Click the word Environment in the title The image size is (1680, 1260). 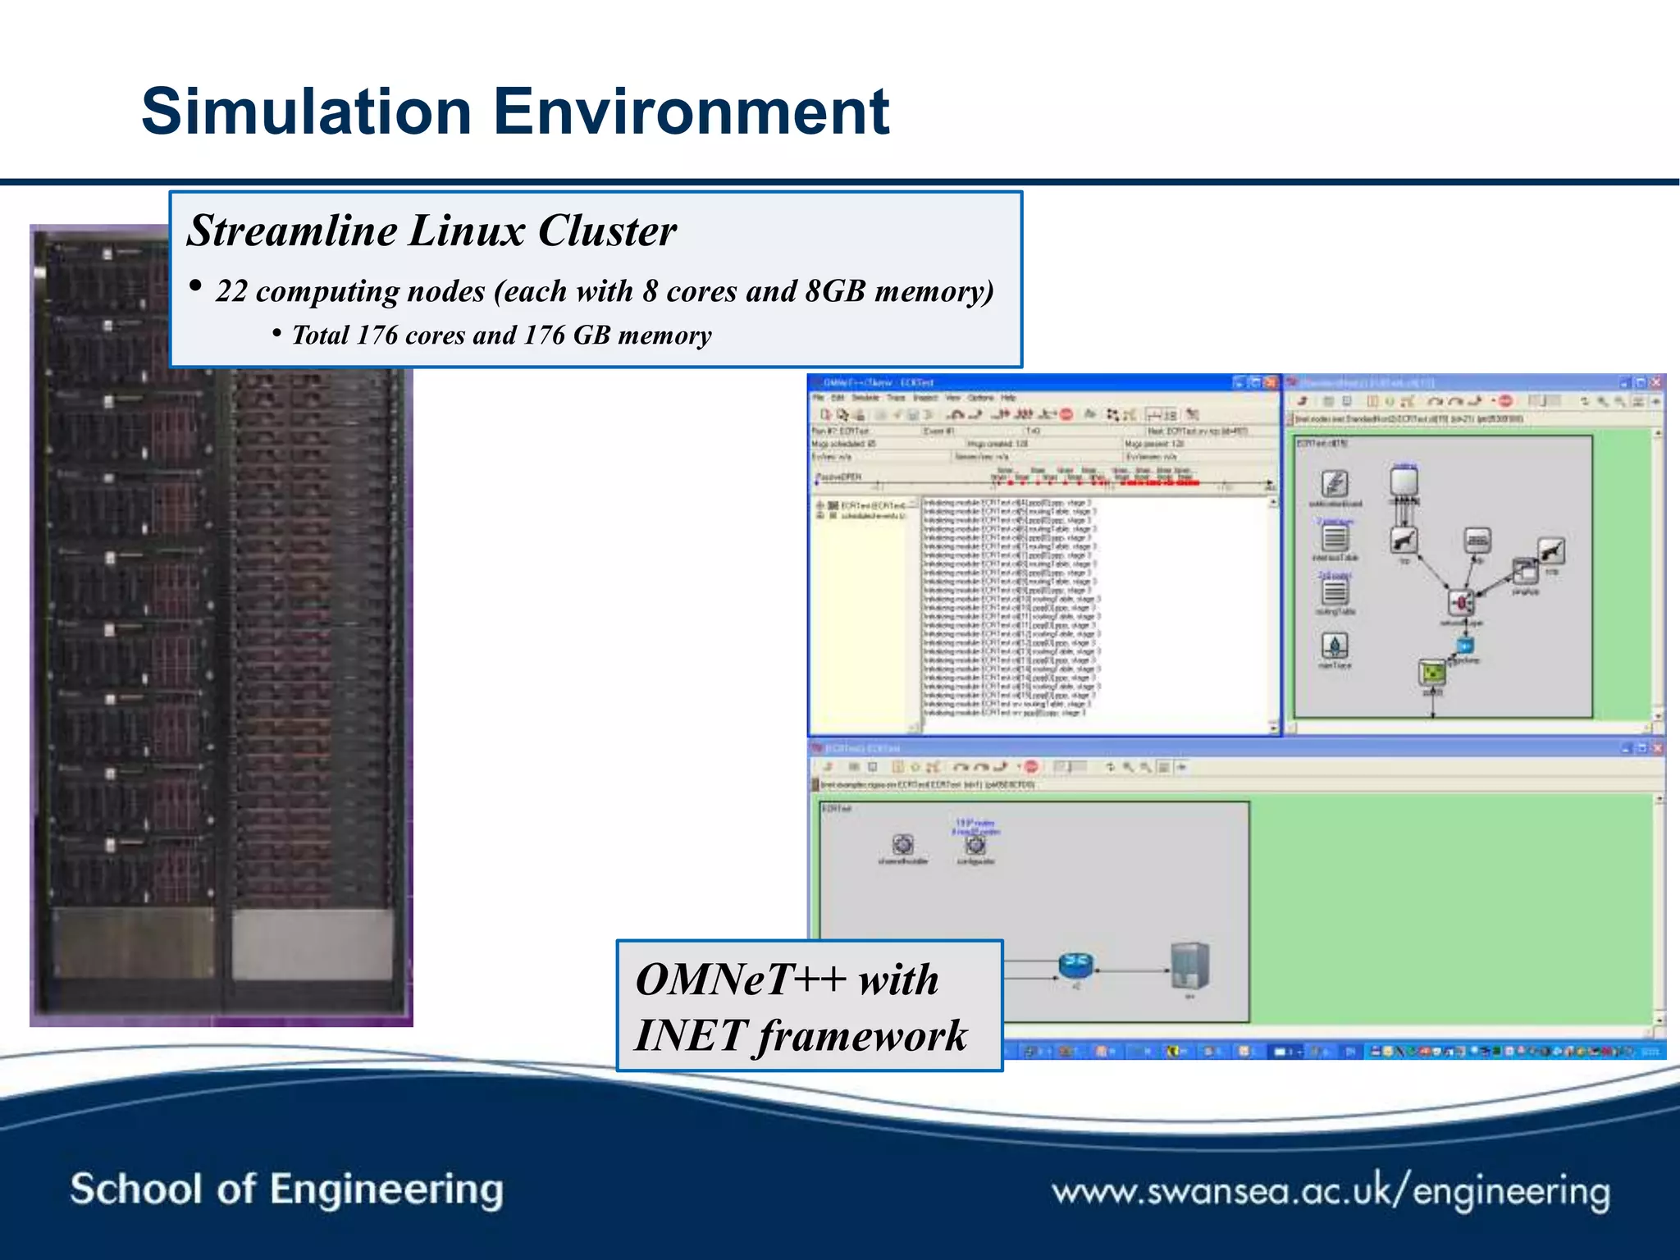692,112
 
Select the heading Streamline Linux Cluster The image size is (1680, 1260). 431,231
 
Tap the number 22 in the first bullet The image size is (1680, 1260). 231,292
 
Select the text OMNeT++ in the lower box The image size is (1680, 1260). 741,979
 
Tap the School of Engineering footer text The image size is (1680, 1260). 286,1189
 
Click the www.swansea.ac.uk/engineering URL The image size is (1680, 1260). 1331,1191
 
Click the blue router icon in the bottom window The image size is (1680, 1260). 1075,965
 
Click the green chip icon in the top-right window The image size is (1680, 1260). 1432,673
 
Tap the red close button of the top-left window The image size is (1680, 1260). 1271,382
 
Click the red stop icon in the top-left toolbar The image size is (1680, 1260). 1066,414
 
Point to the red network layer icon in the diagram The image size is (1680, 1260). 1460,604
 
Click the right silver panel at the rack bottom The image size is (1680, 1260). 313,943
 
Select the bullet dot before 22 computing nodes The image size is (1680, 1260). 195,286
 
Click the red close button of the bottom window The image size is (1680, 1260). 1657,748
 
